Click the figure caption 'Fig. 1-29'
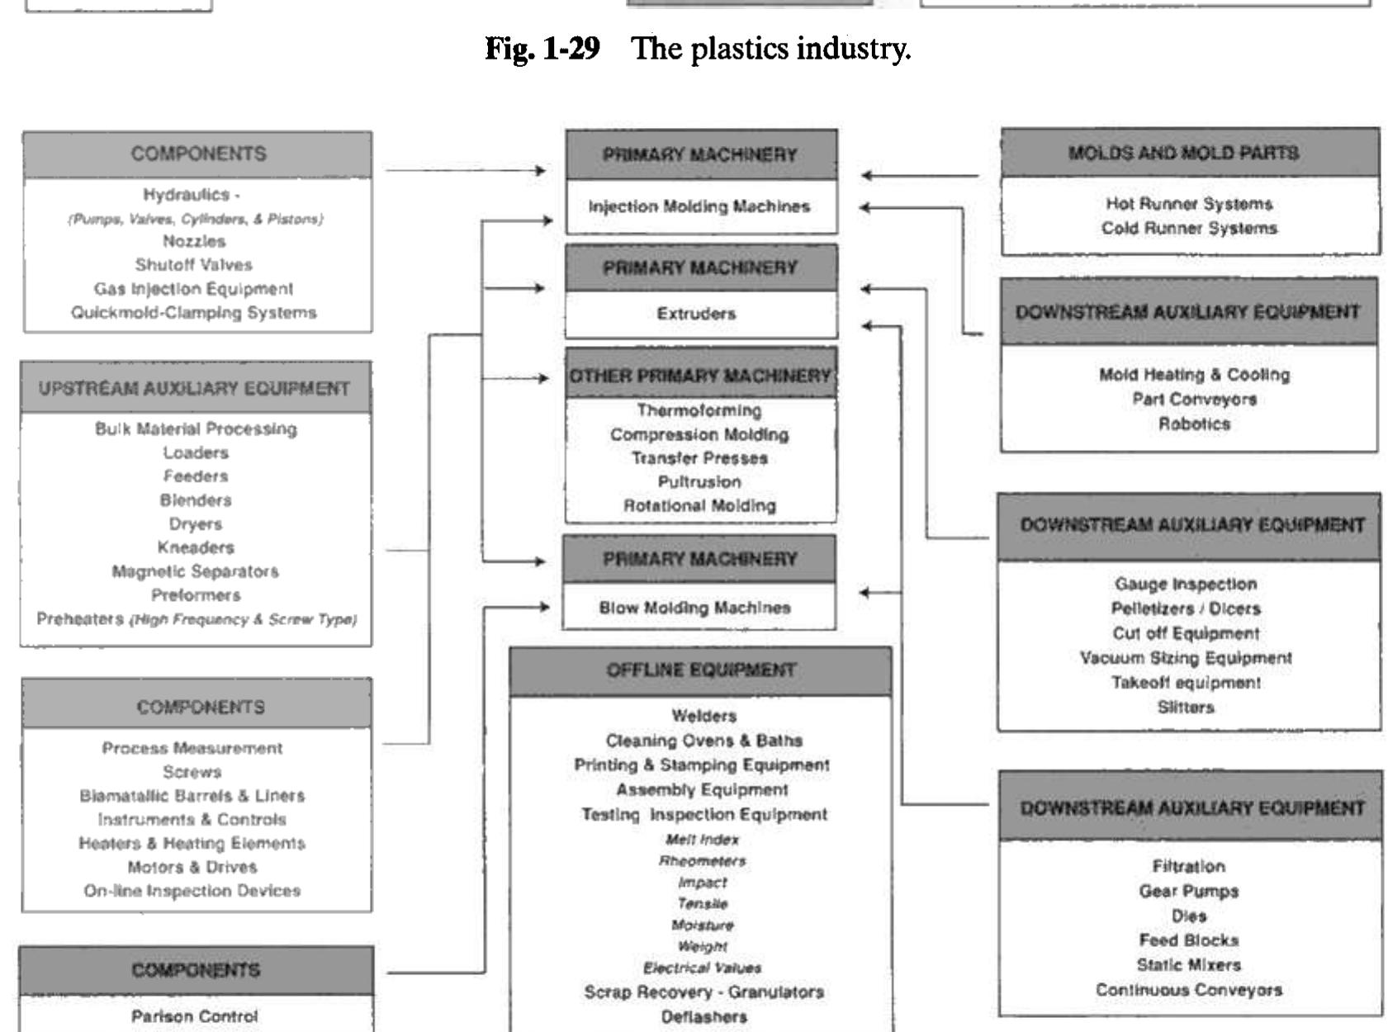click(x=542, y=50)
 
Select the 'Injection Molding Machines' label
click(x=699, y=206)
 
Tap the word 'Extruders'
click(x=696, y=314)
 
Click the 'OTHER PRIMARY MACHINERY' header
click(x=700, y=376)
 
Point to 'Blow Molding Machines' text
click(x=694, y=608)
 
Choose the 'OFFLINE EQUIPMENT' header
click(x=701, y=670)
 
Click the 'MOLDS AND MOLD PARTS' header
click(x=1183, y=153)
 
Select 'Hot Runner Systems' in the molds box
click(x=1189, y=204)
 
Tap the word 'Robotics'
click(x=1194, y=424)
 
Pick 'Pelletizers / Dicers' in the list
click(x=1186, y=608)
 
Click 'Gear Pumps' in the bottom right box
click(x=1188, y=891)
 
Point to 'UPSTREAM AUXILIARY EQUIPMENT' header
click(x=195, y=388)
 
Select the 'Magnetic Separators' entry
click(x=195, y=571)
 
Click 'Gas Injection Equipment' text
click(x=193, y=289)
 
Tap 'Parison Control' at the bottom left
click(x=195, y=1016)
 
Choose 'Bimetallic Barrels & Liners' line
click(x=192, y=796)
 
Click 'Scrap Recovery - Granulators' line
click(x=703, y=992)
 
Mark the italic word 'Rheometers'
click(x=702, y=861)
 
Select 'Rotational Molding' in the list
click(x=699, y=505)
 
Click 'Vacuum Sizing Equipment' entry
click(x=1186, y=658)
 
